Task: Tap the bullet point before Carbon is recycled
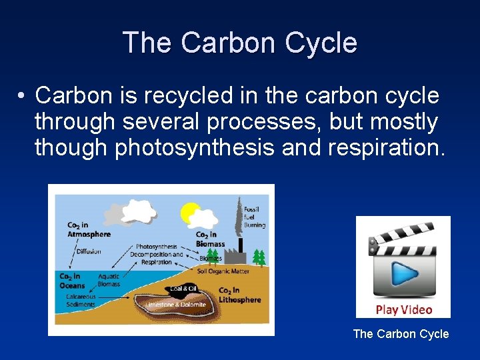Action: click(22, 97)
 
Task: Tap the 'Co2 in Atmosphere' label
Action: click(89, 230)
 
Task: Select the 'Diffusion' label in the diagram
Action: click(89, 251)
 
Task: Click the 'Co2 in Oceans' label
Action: click(72, 281)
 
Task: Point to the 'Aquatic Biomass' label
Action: click(108, 280)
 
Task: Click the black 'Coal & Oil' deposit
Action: click(183, 289)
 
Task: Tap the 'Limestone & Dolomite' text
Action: click(180, 304)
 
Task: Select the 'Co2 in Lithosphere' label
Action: click(240, 295)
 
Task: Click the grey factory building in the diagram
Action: click(235, 255)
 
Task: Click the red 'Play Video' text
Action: click(403, 309)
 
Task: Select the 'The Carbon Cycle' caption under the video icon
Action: click(401, 334)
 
